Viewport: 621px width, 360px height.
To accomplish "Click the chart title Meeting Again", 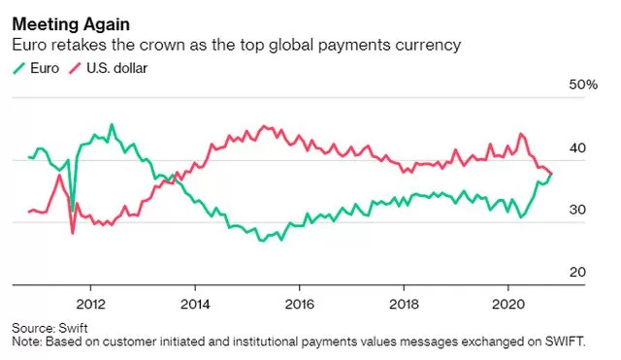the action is [x=71, y=24].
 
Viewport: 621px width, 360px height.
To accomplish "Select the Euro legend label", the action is [x=45, y=68].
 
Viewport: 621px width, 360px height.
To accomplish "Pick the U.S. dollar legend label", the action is [x=116, y=68].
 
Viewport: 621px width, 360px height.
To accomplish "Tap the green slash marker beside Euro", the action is [x=19, y=69].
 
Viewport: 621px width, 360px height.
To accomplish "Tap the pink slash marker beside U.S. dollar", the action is [x=76, y=69].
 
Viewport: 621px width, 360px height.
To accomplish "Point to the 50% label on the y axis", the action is [x=583, y=84].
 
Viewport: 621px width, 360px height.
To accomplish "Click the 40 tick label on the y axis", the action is [x=577, y=148].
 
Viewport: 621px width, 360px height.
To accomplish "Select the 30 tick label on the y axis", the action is [x=577, y=210].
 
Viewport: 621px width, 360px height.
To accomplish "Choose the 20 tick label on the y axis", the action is [x=577, y=272].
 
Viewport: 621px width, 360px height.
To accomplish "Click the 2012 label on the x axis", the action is [x=90, y=304].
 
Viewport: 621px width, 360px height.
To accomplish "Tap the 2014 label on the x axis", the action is [x=195, y=304].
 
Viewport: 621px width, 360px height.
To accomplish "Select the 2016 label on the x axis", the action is [x=300, y=304].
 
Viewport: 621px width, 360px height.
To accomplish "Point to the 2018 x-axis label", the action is [x=404, y=304].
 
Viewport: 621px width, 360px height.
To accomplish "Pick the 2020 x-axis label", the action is [x=508, y=304].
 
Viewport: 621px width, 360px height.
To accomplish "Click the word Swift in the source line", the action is [x=74, y=328].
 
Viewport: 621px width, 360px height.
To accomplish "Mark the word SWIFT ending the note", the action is [x=564, y=342].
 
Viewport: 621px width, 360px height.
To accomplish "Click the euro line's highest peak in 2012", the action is [x=112, y=124].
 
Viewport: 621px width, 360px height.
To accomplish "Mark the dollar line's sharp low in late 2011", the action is [x=73, y=233].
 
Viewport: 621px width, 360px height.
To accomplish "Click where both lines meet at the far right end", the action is [x=552, y=174].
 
